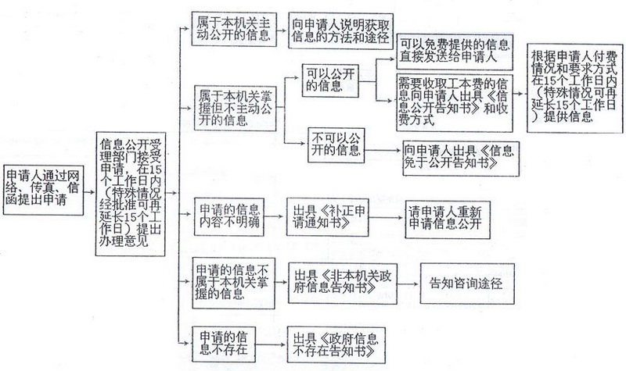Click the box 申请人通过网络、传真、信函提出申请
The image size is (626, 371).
44,190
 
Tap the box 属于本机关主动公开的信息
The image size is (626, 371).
234,29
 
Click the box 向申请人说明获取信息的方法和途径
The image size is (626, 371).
341,30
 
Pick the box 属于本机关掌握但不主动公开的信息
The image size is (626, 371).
236,108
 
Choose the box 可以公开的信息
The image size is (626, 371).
330,80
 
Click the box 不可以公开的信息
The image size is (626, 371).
336,145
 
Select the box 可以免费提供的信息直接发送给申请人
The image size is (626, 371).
455,52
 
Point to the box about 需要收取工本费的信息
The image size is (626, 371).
455,102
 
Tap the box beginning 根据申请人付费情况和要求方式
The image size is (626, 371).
574,87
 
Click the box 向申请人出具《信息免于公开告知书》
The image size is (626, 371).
461,159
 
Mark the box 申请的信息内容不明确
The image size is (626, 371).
229,216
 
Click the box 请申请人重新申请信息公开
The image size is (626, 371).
448,220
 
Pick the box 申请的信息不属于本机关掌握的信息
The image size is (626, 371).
233,283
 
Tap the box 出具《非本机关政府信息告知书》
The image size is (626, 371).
343,284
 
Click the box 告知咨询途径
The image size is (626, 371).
467,284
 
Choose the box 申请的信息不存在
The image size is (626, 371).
223,344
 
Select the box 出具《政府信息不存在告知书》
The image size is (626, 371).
336,344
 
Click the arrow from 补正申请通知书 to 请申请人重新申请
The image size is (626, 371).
387,218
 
